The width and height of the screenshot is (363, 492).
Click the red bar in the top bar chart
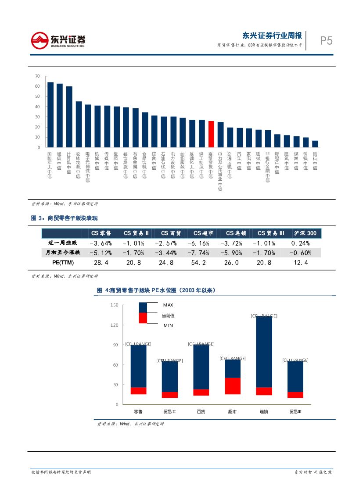[211, 134]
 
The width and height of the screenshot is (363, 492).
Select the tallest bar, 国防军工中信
[50, 115]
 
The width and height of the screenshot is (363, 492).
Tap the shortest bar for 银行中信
[315, 144]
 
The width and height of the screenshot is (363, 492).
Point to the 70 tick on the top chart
[37, 76]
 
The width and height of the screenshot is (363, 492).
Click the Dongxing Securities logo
[58, 40]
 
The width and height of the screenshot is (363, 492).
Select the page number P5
[326, 41]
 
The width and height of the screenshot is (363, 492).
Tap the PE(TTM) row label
[60, 263]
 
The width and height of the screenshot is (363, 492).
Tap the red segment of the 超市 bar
[233, 386]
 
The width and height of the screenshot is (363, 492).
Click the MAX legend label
[168, 305]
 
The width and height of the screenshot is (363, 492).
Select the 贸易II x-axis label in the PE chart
[169, 412]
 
